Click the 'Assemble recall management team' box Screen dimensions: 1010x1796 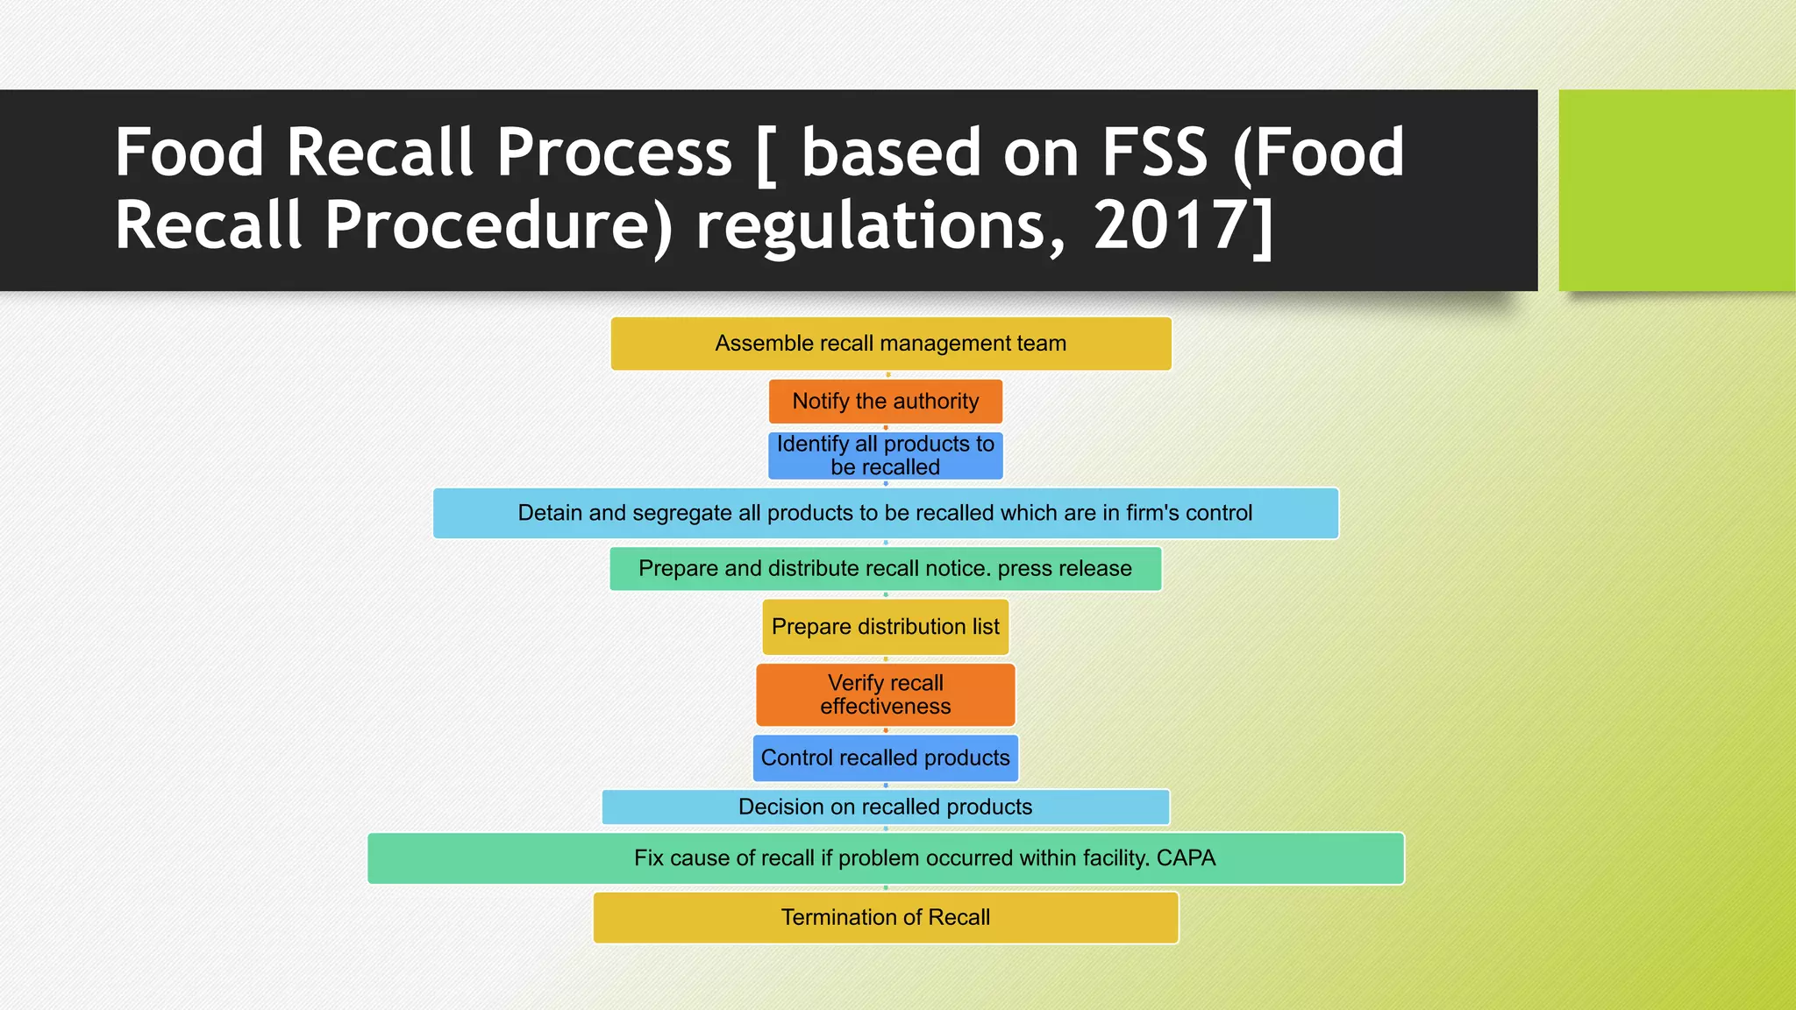pos(890,344)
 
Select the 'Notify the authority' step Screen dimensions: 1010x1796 pos(886,402)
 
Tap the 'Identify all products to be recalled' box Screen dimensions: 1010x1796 pos(886,456)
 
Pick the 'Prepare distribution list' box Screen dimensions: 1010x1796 pos(886,627)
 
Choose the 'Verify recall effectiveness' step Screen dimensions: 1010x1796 pos(886,695)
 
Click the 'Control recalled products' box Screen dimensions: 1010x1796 pos(886,758)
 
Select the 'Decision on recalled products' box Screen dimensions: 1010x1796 pos(886,807)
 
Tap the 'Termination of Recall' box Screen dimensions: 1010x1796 pos(886,918)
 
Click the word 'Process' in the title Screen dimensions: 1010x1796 pos(614,153)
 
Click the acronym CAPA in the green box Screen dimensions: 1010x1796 pos(1186,858)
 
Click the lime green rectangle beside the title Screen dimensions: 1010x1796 pos(1676,190)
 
